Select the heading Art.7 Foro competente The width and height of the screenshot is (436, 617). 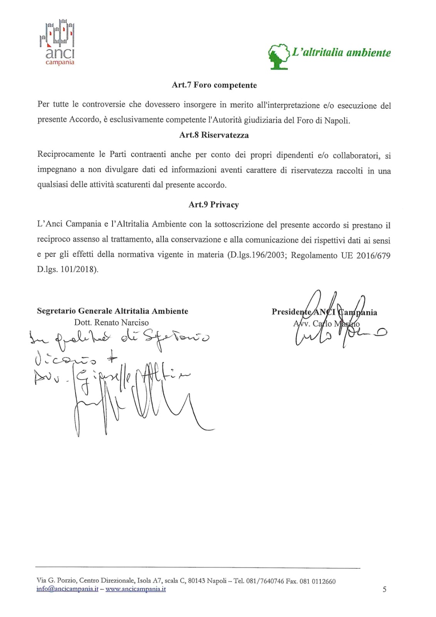(214, 85)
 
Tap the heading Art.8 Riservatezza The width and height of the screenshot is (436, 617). (214, 135)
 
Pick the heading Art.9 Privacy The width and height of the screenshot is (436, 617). (214, 205)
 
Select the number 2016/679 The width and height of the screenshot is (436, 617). (373, 255)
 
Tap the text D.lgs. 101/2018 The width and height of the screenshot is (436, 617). (67, 270)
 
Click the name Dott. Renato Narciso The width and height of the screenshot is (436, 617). (111, 323)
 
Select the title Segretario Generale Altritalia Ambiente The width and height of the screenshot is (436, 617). (113, 311)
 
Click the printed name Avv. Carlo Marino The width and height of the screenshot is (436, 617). (326, 324)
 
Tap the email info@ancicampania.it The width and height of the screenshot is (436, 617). (67, 589)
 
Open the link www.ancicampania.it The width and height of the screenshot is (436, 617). (136, 589)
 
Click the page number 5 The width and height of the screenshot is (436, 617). (384, 589)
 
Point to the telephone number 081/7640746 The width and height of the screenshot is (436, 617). (264, 581)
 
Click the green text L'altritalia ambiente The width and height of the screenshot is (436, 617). (341, 53)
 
